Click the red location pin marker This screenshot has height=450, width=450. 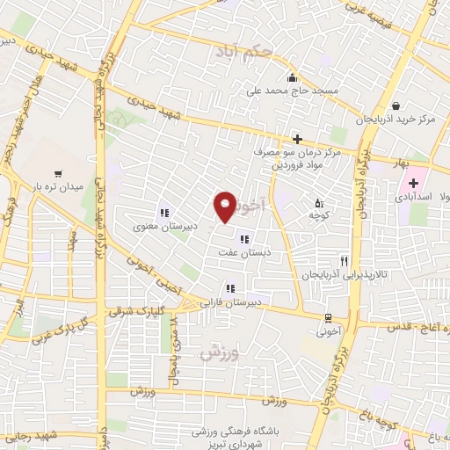(226, 207)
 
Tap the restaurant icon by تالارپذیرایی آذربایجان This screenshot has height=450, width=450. (345, 261)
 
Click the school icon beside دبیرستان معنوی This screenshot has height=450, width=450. (163, 212)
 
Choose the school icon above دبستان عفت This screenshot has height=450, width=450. (243, 238)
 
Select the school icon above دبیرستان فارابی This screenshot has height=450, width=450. (230, 287)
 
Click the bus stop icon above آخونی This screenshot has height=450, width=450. (328, 318)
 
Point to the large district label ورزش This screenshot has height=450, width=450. (218, 353)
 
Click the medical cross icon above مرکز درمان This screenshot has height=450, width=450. (298, 139)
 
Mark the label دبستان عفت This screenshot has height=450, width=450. (242, 252)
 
